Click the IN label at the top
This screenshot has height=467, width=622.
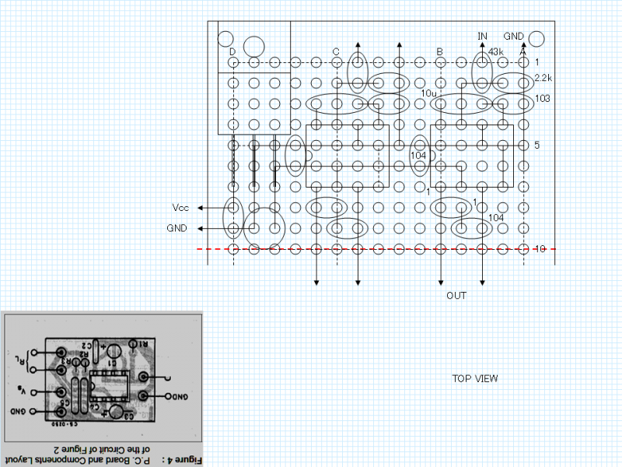pyautogui.click(x=482, y=37)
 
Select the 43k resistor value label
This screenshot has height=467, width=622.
pyautogui.click(x=496, y=52)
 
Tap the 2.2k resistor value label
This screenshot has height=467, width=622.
pyautogui.click(x=543, y=78)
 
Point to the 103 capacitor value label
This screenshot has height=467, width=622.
pyautogui.click(x=543, y=99)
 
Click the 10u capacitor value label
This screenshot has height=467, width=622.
pyautogui.click(x=428, y=93)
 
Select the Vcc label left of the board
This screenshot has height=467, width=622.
pyautogui.click(x=180, y=208)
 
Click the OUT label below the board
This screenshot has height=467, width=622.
pyautogui.click(x=456, y=296)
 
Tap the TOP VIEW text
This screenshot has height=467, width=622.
pyautogui.click(x=475, y=379)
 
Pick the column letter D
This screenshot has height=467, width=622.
pyautogui.click(x=232, y=52)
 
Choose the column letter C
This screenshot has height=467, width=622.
pyautogui.click(x=336, y=52)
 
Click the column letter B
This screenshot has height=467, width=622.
pyautogui.click(x=439, y=52)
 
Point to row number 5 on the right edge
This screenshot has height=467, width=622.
pyautogui.click(x=536, y=146)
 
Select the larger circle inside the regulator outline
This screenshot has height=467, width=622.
pyautogui.click(x=254, y=44)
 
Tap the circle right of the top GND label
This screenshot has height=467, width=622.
pyautogui.click(x=536, y=37)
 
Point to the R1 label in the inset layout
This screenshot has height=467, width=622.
pyautogui.click(x=140, y=343)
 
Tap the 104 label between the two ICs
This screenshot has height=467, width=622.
pyautogui.click(x=418, y=156)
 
